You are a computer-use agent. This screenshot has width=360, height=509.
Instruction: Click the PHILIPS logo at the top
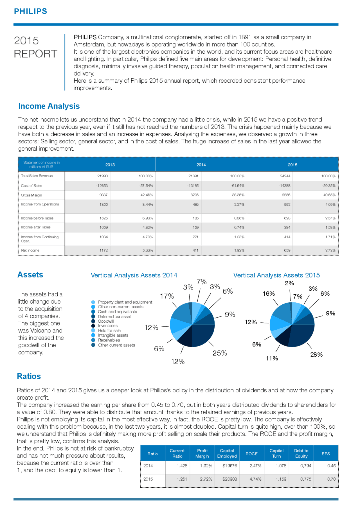30,11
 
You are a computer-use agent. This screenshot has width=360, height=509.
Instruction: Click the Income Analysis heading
49,106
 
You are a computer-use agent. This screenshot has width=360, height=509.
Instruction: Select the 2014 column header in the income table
201,165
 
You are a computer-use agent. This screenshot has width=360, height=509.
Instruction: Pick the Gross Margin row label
31,195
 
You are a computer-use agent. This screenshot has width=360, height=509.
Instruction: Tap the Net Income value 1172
103,250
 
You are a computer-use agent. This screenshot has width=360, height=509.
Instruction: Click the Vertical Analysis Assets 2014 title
134,275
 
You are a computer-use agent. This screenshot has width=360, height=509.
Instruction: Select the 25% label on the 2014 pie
220,353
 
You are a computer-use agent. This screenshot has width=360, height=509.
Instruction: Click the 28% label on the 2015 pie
316,355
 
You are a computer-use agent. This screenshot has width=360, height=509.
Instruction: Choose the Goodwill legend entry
106,321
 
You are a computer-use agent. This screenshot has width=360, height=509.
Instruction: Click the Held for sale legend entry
109,331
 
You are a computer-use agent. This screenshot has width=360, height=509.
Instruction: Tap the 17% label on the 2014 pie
167,296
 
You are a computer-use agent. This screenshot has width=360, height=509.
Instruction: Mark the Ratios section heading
29,376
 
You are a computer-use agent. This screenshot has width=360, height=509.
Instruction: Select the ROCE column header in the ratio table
251,454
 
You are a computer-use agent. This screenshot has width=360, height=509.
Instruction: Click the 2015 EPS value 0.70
331,479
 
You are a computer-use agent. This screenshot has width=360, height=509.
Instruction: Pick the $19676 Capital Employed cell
229,466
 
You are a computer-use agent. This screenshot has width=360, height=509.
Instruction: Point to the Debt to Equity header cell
301,453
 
